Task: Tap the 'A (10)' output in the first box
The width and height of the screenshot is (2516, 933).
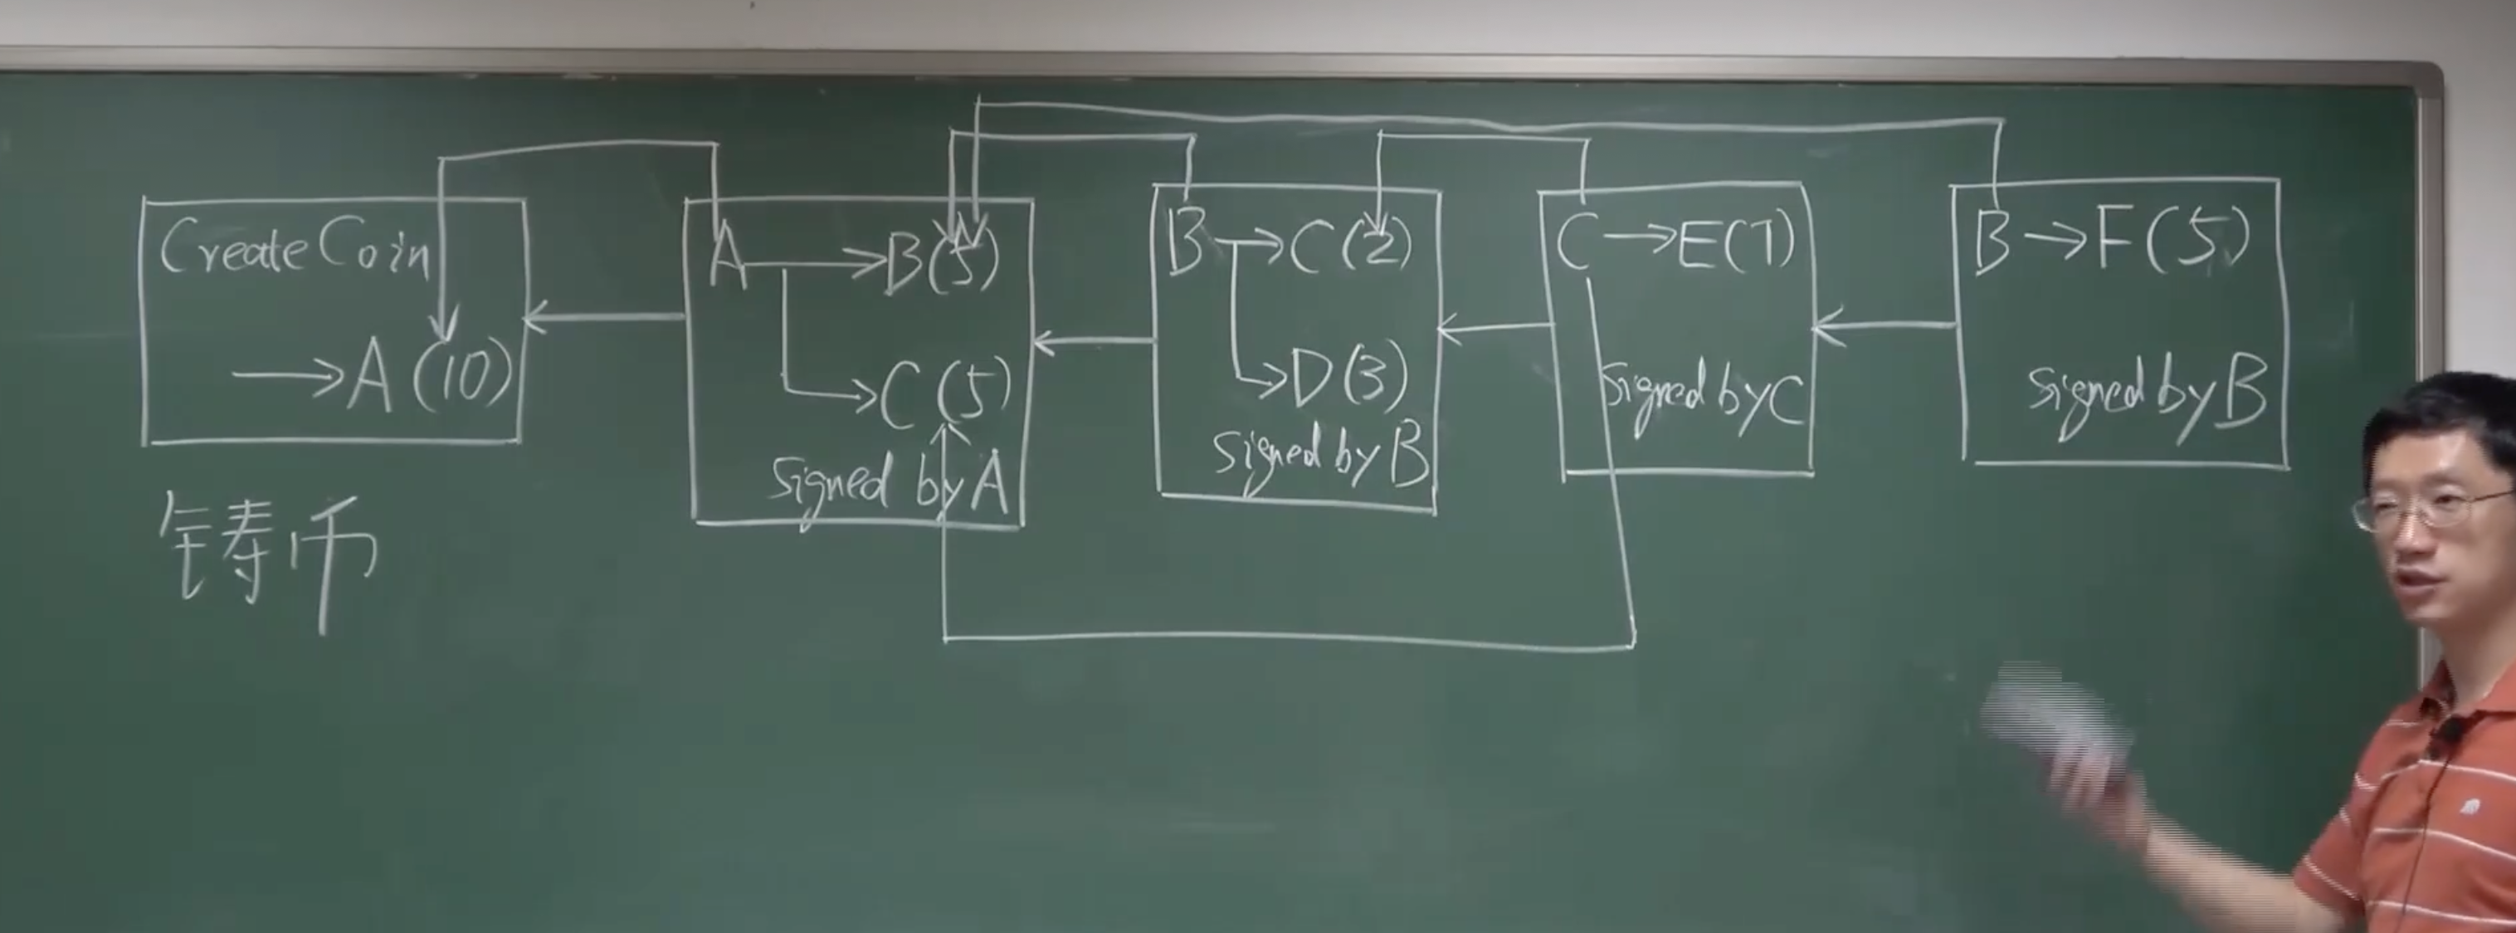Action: pyautogui.click(x=430, y=377)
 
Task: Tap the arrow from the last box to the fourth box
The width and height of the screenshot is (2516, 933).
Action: pyautogui.click(x=1885, y=325)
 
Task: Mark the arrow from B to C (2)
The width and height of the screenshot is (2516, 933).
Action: pyautogui.click(x=1246, y=244)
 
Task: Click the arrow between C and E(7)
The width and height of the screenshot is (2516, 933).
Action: pyautogui.click(x=1636, y=239)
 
